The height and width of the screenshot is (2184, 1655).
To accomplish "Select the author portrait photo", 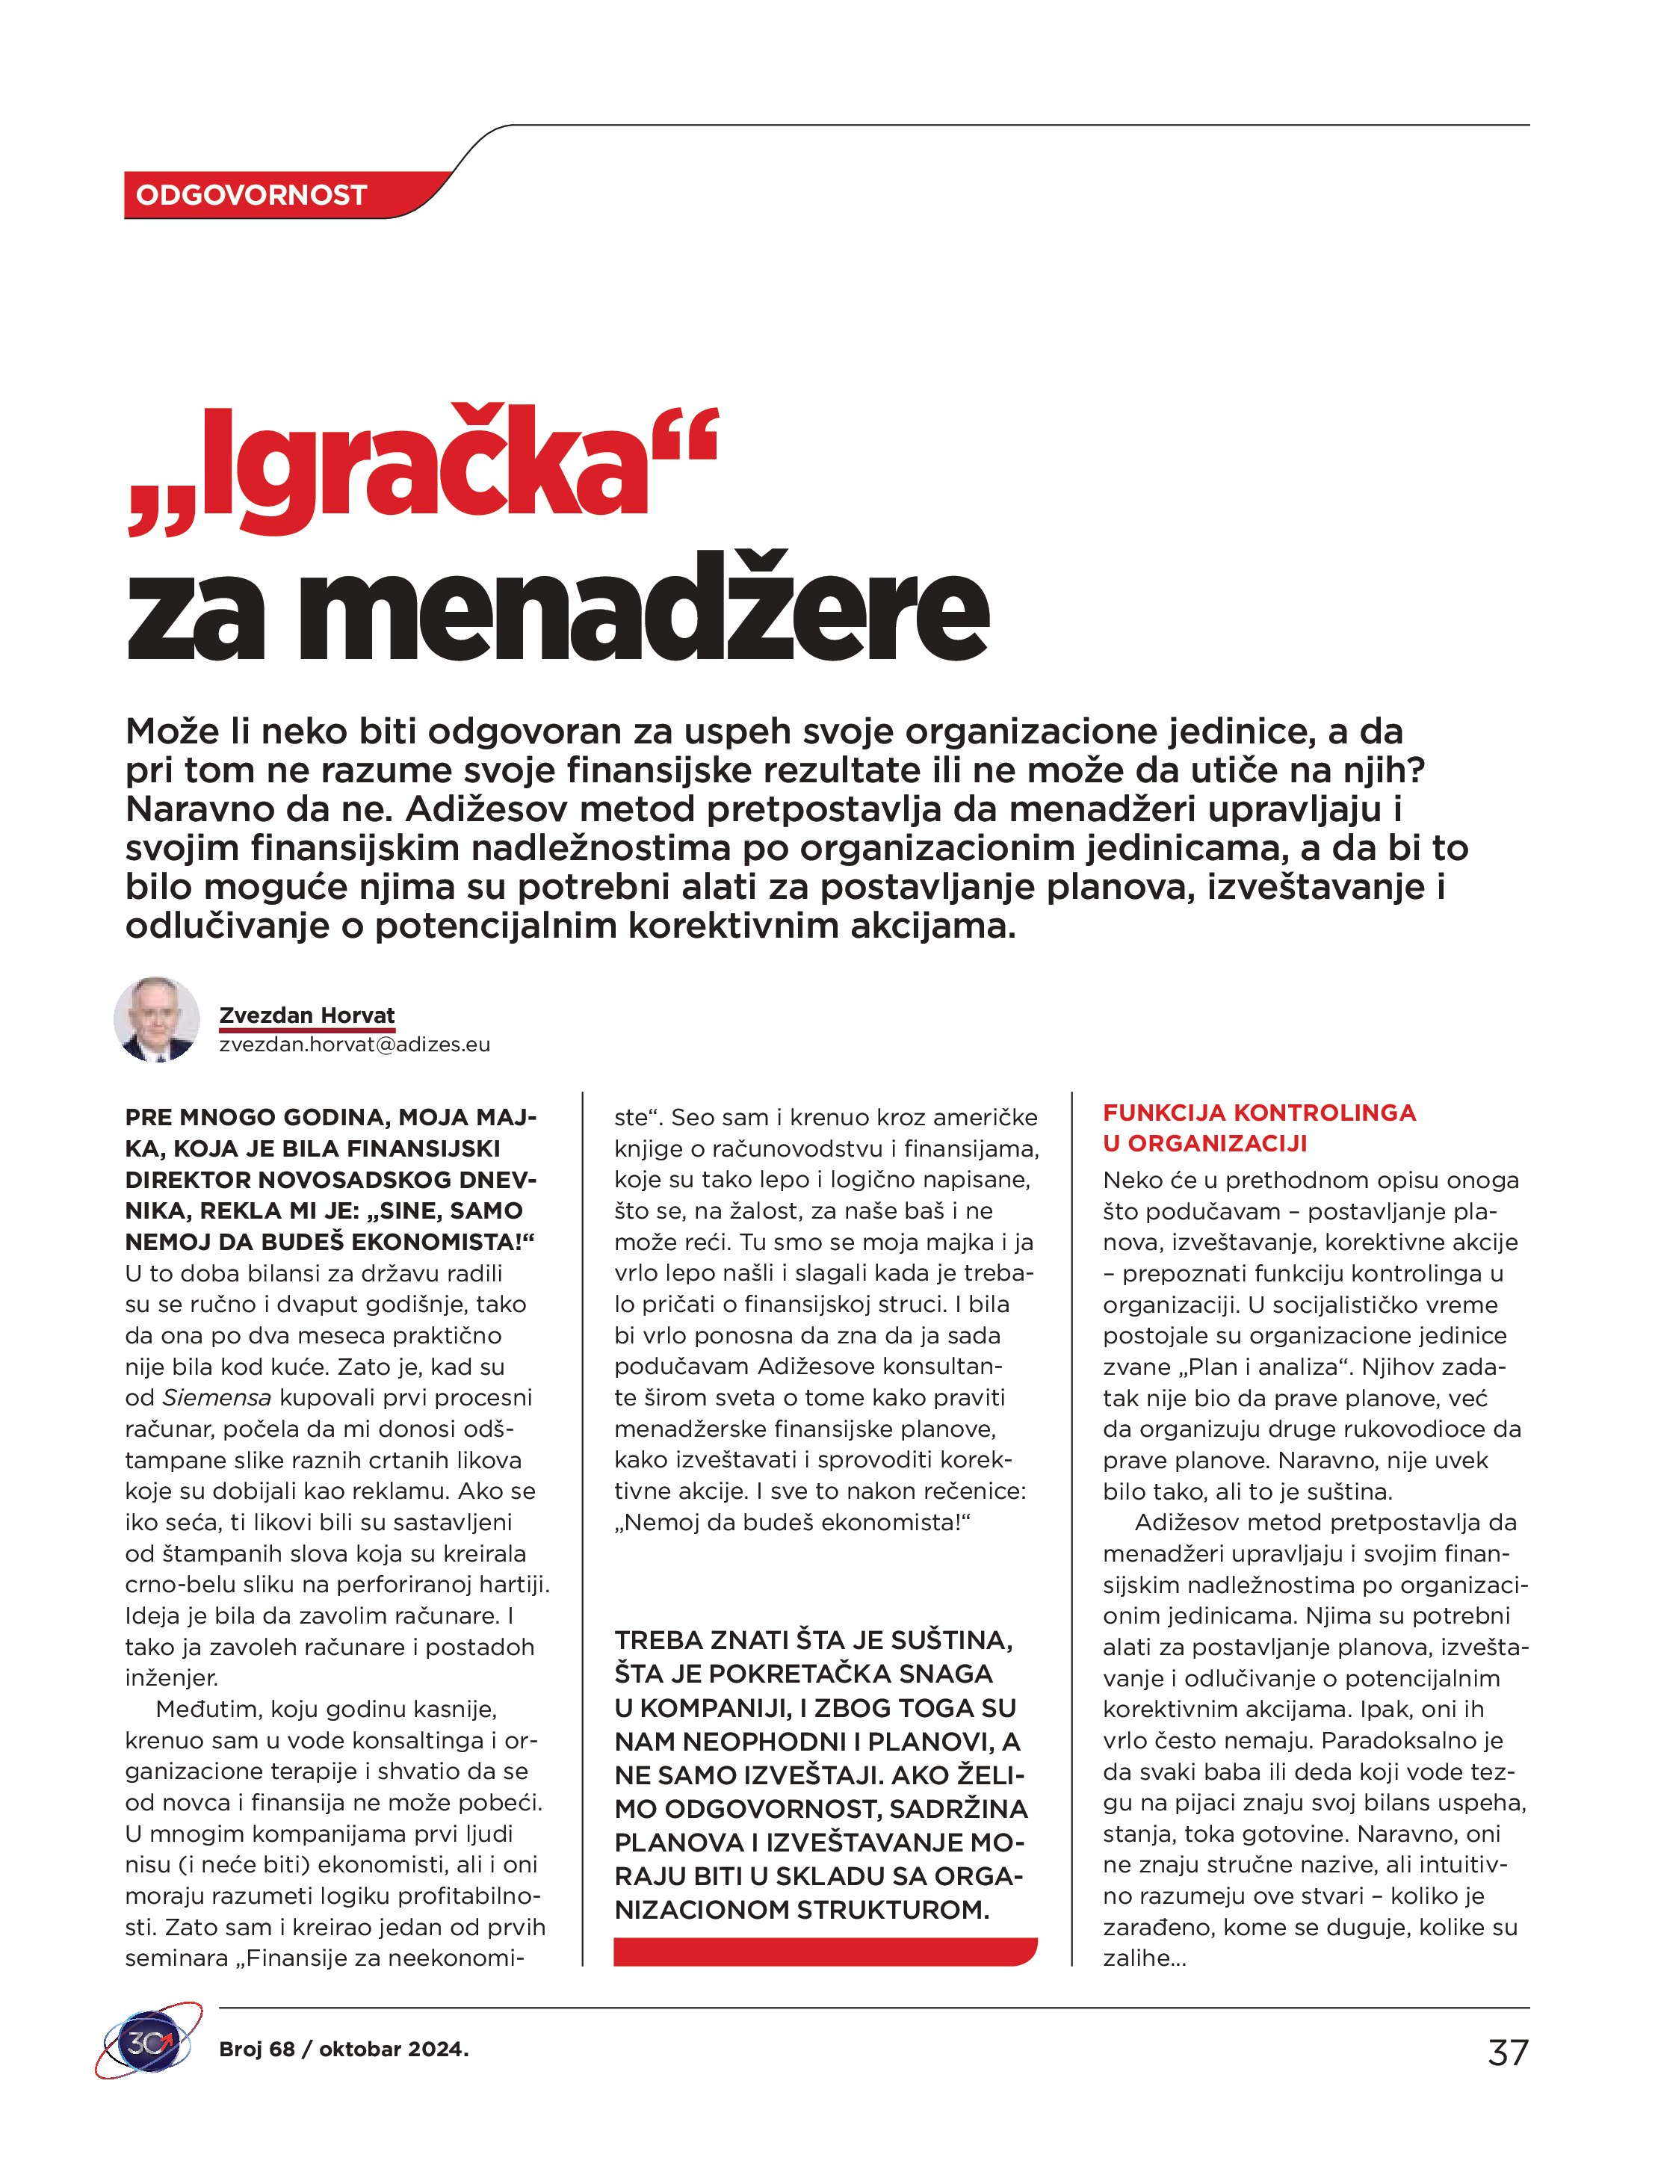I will [156, 1020].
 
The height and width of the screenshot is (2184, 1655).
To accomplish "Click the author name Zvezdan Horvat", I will [306, 1015].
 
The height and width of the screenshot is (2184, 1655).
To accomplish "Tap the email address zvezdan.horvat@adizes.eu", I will [354, 1045].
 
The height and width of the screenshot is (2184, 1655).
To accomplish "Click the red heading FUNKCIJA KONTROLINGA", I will [1259, 1113].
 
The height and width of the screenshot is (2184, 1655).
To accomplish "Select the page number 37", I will [1507, 2052].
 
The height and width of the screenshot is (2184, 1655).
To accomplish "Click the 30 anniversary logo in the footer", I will [148, 2042].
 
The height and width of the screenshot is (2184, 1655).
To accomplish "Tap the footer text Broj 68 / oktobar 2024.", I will [344, 2049].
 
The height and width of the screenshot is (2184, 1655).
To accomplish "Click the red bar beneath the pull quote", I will [825, 1952].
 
